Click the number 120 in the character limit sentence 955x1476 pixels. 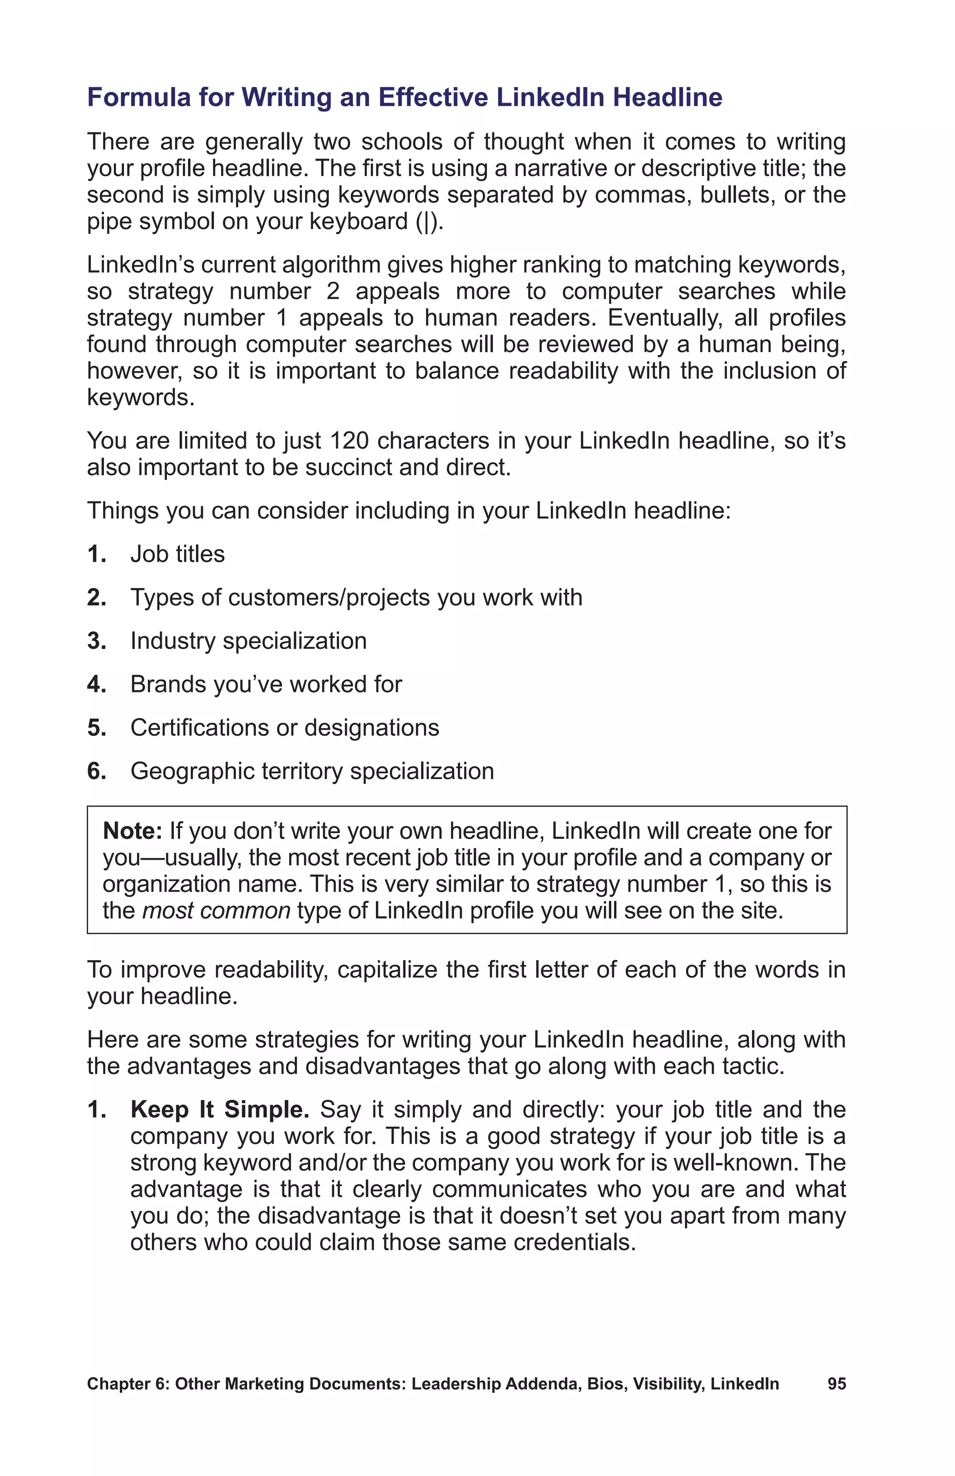click(x=349, y=441)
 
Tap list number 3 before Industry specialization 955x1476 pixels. click(x=97, y=641)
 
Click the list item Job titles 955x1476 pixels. click(x=177, y=554)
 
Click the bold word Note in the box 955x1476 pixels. click(x=132, y=830)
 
